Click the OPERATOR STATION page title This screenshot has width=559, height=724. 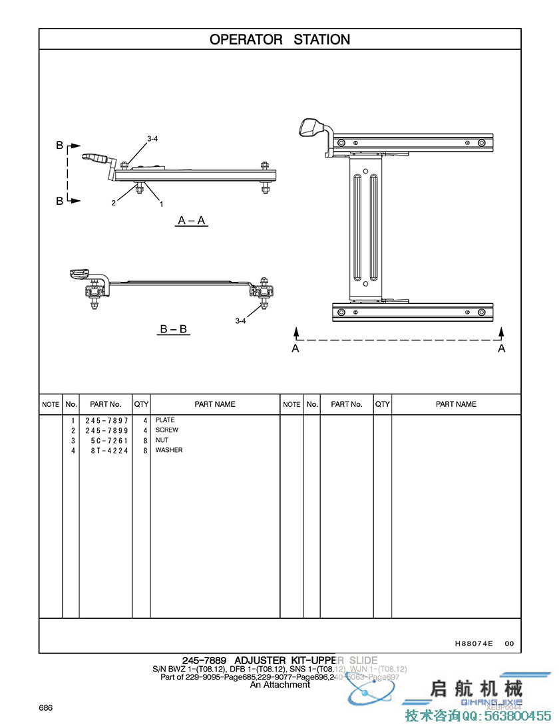pyautogui.click(x=279, y=40)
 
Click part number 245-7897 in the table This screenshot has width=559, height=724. pyautogui.click(x=106, y=420)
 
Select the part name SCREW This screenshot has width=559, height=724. pyautogui.click(x=167, y=430)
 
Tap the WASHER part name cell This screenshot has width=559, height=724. pyautogui.click(x=169, y=450)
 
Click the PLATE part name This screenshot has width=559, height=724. pyautogui.click(x=165, y=420)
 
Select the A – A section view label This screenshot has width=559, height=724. pyautogui.click(x=192, y=221)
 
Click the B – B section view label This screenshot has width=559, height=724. pyautogui.click(x=174, y=328)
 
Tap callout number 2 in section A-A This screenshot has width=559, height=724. pyautogui.click(x=114, y=203)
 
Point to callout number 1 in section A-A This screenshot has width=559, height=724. pyautogui.click(x=161, y=205)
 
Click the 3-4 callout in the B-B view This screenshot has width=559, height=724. pyautogui.click(x=241, y=320)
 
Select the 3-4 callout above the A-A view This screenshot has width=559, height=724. pyautogui.click(x=152, y=139)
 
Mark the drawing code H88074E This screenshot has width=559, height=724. pyautogui.click(x=474, y=644)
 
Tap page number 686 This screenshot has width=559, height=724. pyautogui.click(x=45, y=707)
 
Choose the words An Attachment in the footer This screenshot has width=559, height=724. pyautogui.click(x=279, y=685)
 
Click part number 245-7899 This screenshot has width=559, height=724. pyautogui.click(x=106, y=430)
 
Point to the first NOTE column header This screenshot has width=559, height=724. pyautogui.click(x=51, y=404)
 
